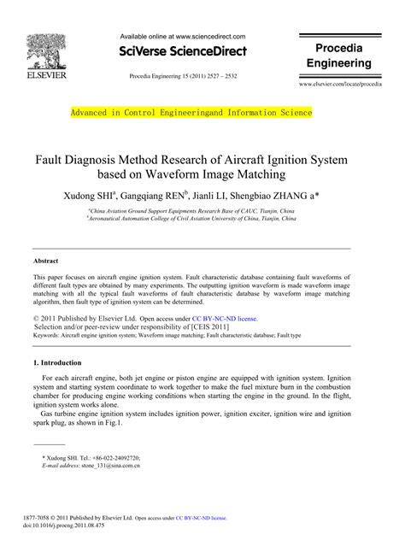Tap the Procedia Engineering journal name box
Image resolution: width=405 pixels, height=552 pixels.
[339, 55]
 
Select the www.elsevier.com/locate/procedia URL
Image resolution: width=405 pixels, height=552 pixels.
[340, 86]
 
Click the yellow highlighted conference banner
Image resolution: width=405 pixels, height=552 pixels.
[191, 113]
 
